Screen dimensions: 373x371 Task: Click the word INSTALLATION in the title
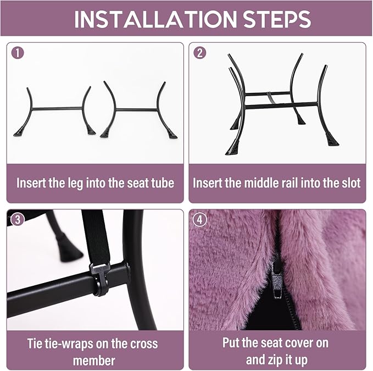tap(155, 19)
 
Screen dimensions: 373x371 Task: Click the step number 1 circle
tap(18, 53)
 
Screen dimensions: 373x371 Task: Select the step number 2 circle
tap(200, 53)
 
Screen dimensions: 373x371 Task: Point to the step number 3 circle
tap(18, 219)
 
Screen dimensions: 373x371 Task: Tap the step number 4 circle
tap(200, 219)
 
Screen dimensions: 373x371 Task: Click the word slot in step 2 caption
tap(350, 183)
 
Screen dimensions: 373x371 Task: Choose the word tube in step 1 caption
tap(163, 183)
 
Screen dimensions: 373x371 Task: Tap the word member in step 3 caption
tap(94, 361)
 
